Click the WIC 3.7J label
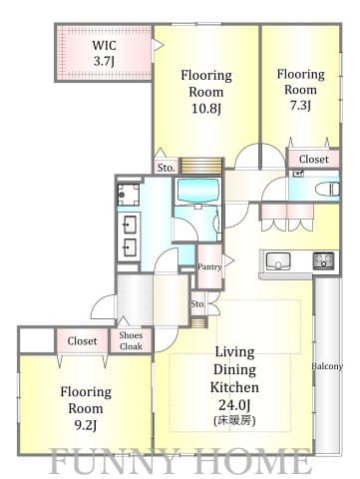point(105,53)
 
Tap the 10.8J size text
point(206,109)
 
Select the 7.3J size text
point(300,106)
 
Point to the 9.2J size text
point(86,425)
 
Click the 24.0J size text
point(234,405)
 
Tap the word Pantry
point(209,266)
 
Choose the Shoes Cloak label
point(131,341)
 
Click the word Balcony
point(327,366)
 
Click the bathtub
point(198,191)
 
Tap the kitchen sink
point(278,260)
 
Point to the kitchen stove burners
point(323,260)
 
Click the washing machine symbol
point(129,195)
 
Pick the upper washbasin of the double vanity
point(129,225)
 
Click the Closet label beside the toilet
point(313,159)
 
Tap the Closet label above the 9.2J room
point(82,341)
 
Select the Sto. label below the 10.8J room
point(166,168)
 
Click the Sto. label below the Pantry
point(197,303)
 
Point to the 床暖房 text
point(234,421)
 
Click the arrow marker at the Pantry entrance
point(228,260)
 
